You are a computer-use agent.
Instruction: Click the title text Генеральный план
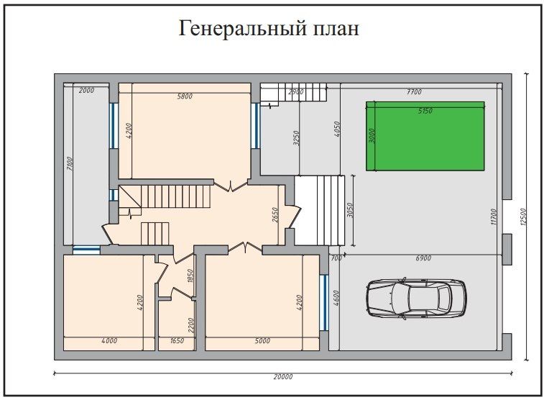[269, 29]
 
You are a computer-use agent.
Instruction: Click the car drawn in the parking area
[416, 296]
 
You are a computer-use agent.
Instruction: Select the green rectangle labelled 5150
[425, 136]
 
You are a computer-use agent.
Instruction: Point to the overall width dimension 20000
[283, 377]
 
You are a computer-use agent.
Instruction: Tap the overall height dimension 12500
[533, 216]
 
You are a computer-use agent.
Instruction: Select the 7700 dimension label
[414, 91]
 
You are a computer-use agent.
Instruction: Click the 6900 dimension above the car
[423, 258]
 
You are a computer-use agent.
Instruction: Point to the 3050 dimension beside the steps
[351, 210]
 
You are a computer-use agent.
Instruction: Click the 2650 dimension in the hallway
[275, 215]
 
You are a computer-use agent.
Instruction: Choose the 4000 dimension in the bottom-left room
[109, 341]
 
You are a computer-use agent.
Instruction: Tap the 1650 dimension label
[176, 341]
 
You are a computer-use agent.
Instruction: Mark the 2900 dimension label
[295, 92]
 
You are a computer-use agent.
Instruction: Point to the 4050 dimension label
[336, 130]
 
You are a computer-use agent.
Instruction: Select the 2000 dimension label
[86, 91]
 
